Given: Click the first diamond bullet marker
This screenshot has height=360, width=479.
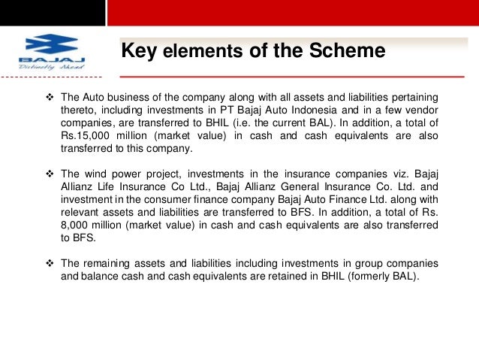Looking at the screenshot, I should [x=50, y=98].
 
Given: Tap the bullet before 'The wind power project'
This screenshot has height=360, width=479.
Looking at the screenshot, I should [x=50, y=175].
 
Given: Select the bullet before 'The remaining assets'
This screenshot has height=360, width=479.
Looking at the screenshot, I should [x=50, y=264].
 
